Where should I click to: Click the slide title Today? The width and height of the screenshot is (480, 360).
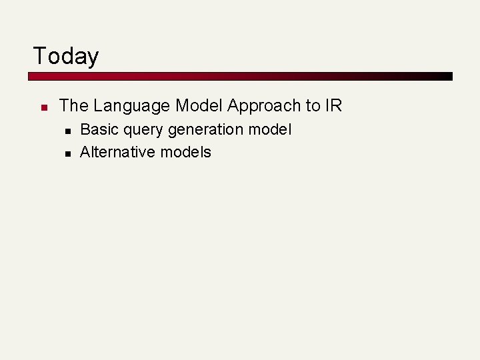[x=65, y=56]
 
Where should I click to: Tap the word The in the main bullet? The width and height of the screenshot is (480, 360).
[x=73, y=105]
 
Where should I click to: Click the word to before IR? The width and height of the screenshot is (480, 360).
[x=313, y=105]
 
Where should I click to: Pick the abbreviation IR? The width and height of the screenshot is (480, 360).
[x=333, y=105]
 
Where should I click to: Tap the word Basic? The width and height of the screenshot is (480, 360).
[x=99, y=129]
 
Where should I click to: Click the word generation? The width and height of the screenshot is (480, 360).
[x=209, y=130]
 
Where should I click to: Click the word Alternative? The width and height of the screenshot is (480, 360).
[x=117, y=152]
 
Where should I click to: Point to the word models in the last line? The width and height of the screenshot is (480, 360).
[x=185, y=152]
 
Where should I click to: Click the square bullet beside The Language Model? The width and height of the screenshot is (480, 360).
[x=42, y=107]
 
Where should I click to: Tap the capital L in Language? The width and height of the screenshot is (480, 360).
[x=97, y=105]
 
